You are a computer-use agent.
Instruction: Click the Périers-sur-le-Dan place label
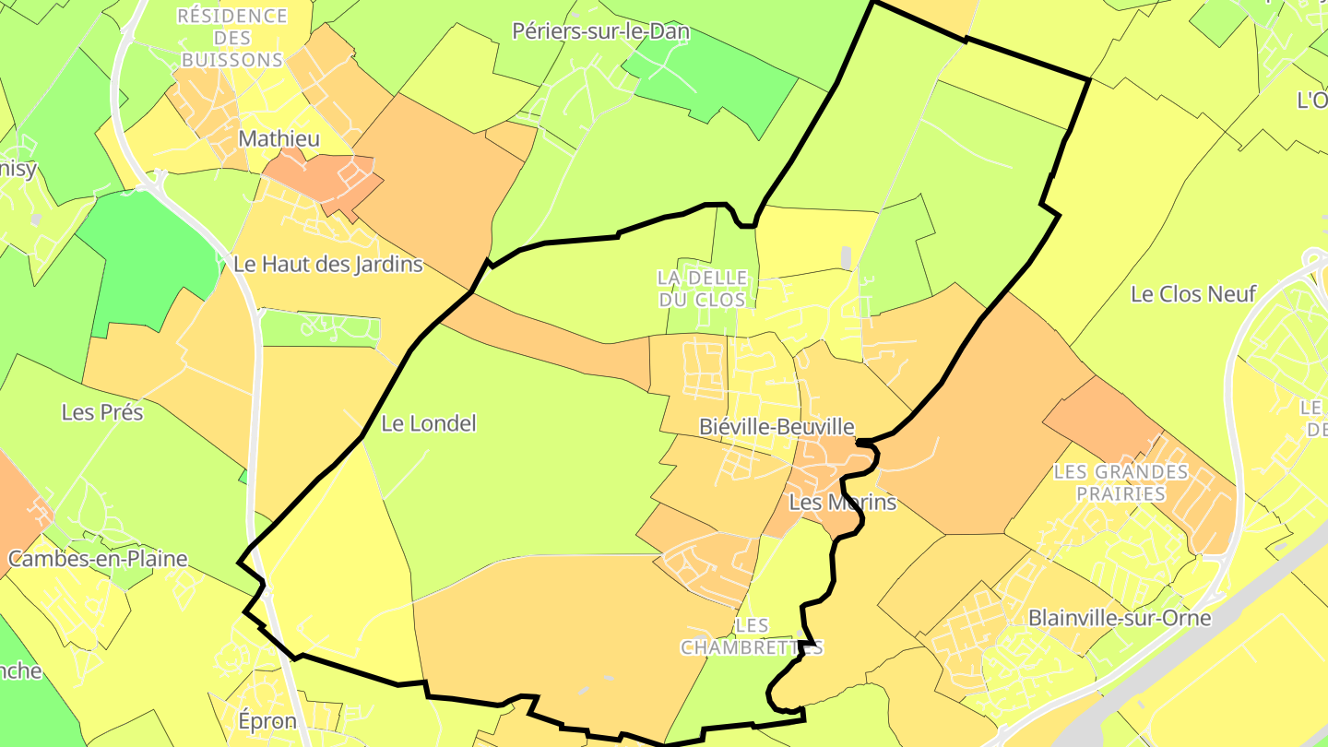click(600, 31)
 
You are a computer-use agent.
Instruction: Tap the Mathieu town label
click(279, 139)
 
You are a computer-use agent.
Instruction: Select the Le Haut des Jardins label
click(327, 265)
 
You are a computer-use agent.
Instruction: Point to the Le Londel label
click(429, 424)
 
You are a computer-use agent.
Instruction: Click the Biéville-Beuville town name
click(777, 427)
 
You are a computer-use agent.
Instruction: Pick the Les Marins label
click(843, 503)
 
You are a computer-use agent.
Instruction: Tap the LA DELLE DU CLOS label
click(701, 289)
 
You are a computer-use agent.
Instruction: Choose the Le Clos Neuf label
click(1193, 294)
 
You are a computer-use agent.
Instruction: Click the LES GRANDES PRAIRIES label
click(1120, 483)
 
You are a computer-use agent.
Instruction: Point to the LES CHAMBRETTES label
click(752, 637)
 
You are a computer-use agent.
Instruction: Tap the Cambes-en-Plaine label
click(98, 559)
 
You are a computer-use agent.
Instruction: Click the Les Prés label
click(102, 412)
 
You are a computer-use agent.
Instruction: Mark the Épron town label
click(267, 721)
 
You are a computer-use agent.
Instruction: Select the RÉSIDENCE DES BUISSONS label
click(232, 38)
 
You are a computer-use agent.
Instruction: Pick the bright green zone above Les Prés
click(152, 258)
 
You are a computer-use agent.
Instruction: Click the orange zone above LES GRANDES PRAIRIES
click(1097, 415)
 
